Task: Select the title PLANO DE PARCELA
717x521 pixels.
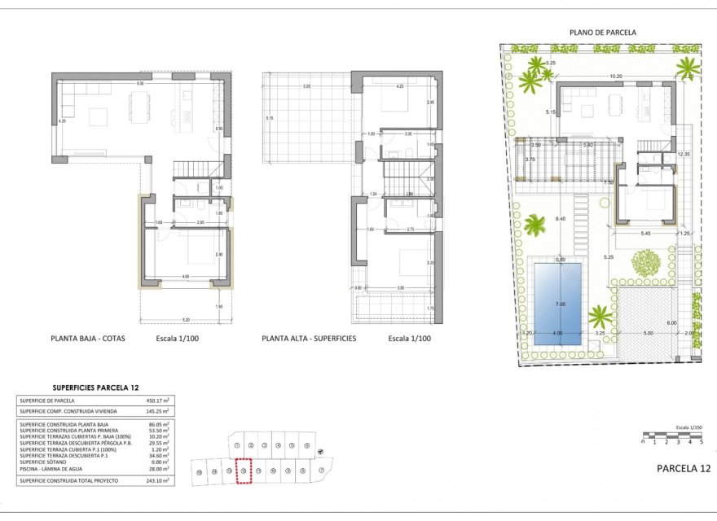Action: tap(603, 33)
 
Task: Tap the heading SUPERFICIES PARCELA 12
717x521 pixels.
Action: tap(96, 387)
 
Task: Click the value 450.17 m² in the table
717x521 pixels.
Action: tap(158, 401)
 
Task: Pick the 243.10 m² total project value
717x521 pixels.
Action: tap(158, 481)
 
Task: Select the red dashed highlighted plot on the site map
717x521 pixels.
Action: tap(243, 471)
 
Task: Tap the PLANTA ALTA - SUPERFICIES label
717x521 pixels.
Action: tap(310, 338)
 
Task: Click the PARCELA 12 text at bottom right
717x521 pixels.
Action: tap(683, 468)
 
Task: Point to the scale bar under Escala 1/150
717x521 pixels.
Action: tap(671, 436)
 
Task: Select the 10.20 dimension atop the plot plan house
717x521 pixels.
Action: tap(615, 77)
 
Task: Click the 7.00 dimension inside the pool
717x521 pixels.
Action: tap(560, 304)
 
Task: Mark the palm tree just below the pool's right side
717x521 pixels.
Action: tap(600, 316)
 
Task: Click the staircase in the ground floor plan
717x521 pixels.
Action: tap(193, 169)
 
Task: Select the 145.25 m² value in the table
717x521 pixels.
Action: tap(158, 410)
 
